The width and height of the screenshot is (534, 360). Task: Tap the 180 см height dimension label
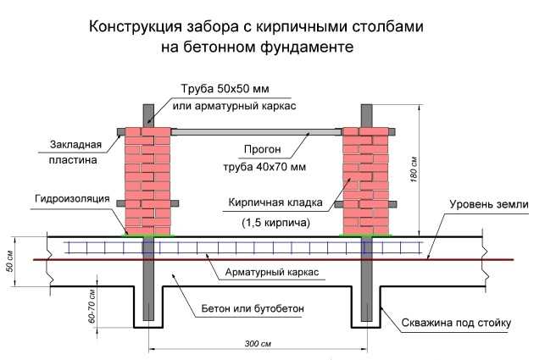(414, 169)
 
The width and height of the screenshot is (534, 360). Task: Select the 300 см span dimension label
(258, 343)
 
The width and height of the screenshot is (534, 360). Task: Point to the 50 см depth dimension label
(10, 261)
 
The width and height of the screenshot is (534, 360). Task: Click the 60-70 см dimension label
(92, 306)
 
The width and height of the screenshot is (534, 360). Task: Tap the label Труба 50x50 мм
(225, 89)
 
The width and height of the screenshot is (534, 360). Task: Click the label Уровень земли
(489, 204)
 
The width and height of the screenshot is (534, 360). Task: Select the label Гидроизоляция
(72, 198)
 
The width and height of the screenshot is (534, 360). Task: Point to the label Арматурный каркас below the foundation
(272, 272)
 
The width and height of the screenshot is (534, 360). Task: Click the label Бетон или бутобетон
(253, 308)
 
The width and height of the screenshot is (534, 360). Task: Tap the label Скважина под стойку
(456, 323)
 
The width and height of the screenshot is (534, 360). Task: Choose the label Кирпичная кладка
(275, 202)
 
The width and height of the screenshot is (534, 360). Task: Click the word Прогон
(262, 149)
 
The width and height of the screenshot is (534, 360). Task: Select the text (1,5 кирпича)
(275, 223)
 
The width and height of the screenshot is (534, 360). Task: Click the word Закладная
(75, 144)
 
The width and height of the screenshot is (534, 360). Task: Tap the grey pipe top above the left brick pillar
(148, 116)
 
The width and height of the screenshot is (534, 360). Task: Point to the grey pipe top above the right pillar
(366, 116)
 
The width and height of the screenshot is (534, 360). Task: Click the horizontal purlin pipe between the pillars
(256, 132)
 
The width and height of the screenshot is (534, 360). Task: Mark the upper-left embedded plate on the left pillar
(121, 131)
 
